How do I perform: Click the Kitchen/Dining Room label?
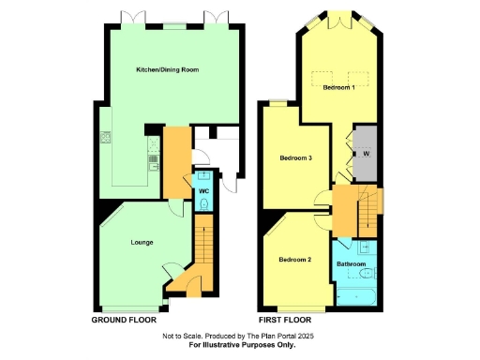click(168, 70)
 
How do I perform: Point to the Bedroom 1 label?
click(338, 87)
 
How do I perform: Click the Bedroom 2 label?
click(295, 259)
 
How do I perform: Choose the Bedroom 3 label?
click(295, 157)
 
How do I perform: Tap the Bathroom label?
click(352, 264)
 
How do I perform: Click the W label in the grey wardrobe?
click(367, 153)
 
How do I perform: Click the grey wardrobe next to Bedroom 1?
click(366, 152)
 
